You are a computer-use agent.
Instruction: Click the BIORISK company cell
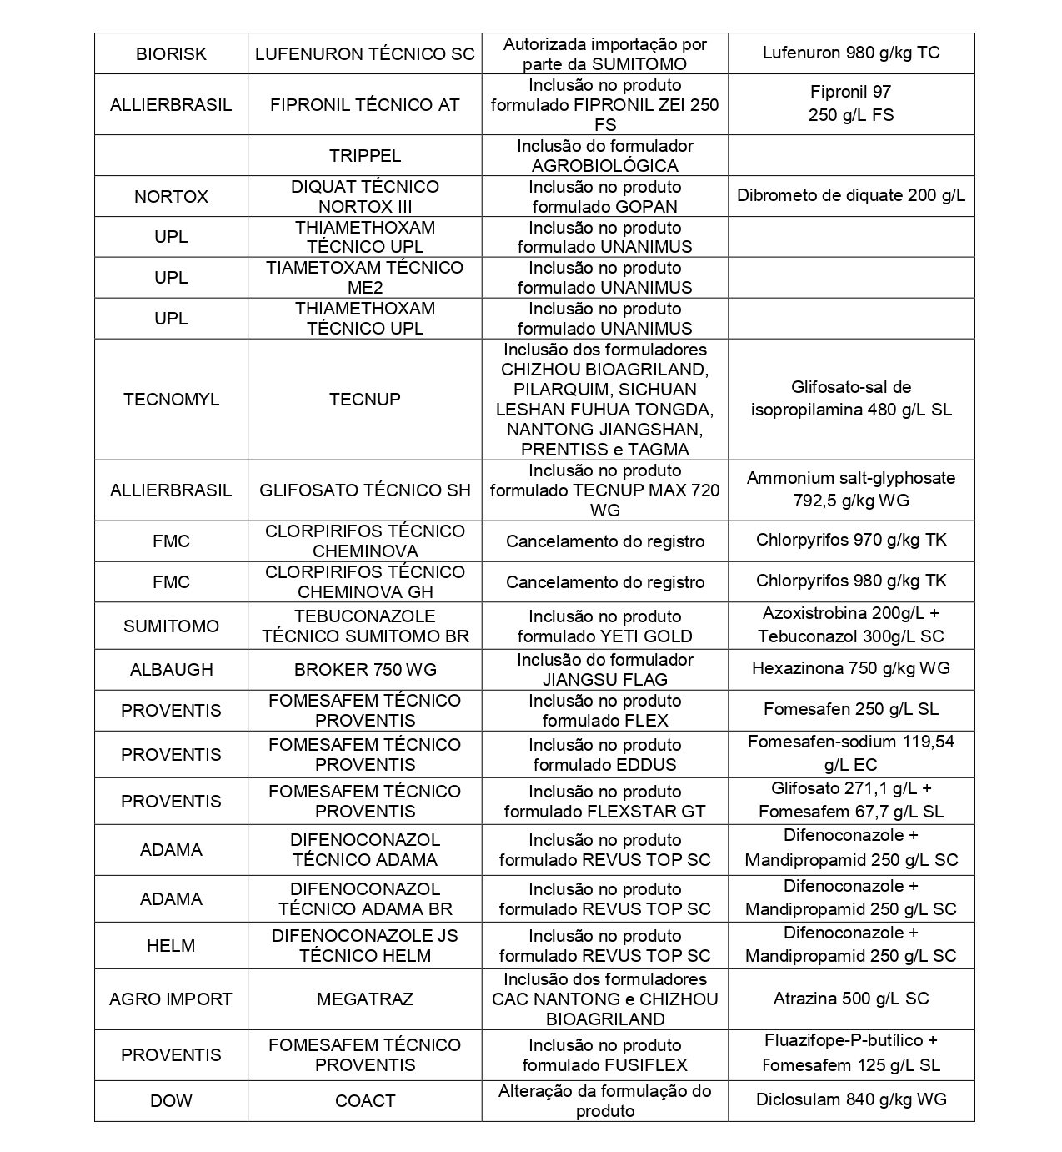pos(171,54)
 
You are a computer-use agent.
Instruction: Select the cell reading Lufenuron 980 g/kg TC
pos(850,53)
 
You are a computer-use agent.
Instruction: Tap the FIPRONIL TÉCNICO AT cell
pos(364,105)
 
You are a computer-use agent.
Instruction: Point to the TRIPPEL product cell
pos(364,156)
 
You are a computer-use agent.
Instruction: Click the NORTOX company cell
pos(171,197)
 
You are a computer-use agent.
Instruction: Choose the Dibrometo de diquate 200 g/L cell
pos(850,196)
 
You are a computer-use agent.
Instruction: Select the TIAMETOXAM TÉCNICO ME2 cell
pos(364,278)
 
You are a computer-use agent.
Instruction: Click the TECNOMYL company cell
pos(171,400)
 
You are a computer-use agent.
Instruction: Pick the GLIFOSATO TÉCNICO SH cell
pos(364,490)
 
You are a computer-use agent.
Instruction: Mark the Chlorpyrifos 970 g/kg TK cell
pos(850,541)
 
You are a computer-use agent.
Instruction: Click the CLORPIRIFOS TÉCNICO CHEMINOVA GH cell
pos(364,582)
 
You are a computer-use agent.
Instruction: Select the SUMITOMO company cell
pos(171,626)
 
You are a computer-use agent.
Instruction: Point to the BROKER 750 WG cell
pos(364,670)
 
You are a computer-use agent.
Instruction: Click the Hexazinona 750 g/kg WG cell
pos(850,669)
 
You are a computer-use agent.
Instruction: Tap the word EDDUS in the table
pos(647,765)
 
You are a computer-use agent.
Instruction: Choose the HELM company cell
pos(171,946)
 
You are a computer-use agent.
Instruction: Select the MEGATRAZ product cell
pos(364,999)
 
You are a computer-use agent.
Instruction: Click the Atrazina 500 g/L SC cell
pos(850,999)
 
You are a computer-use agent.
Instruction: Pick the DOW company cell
pos(171,1101)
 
